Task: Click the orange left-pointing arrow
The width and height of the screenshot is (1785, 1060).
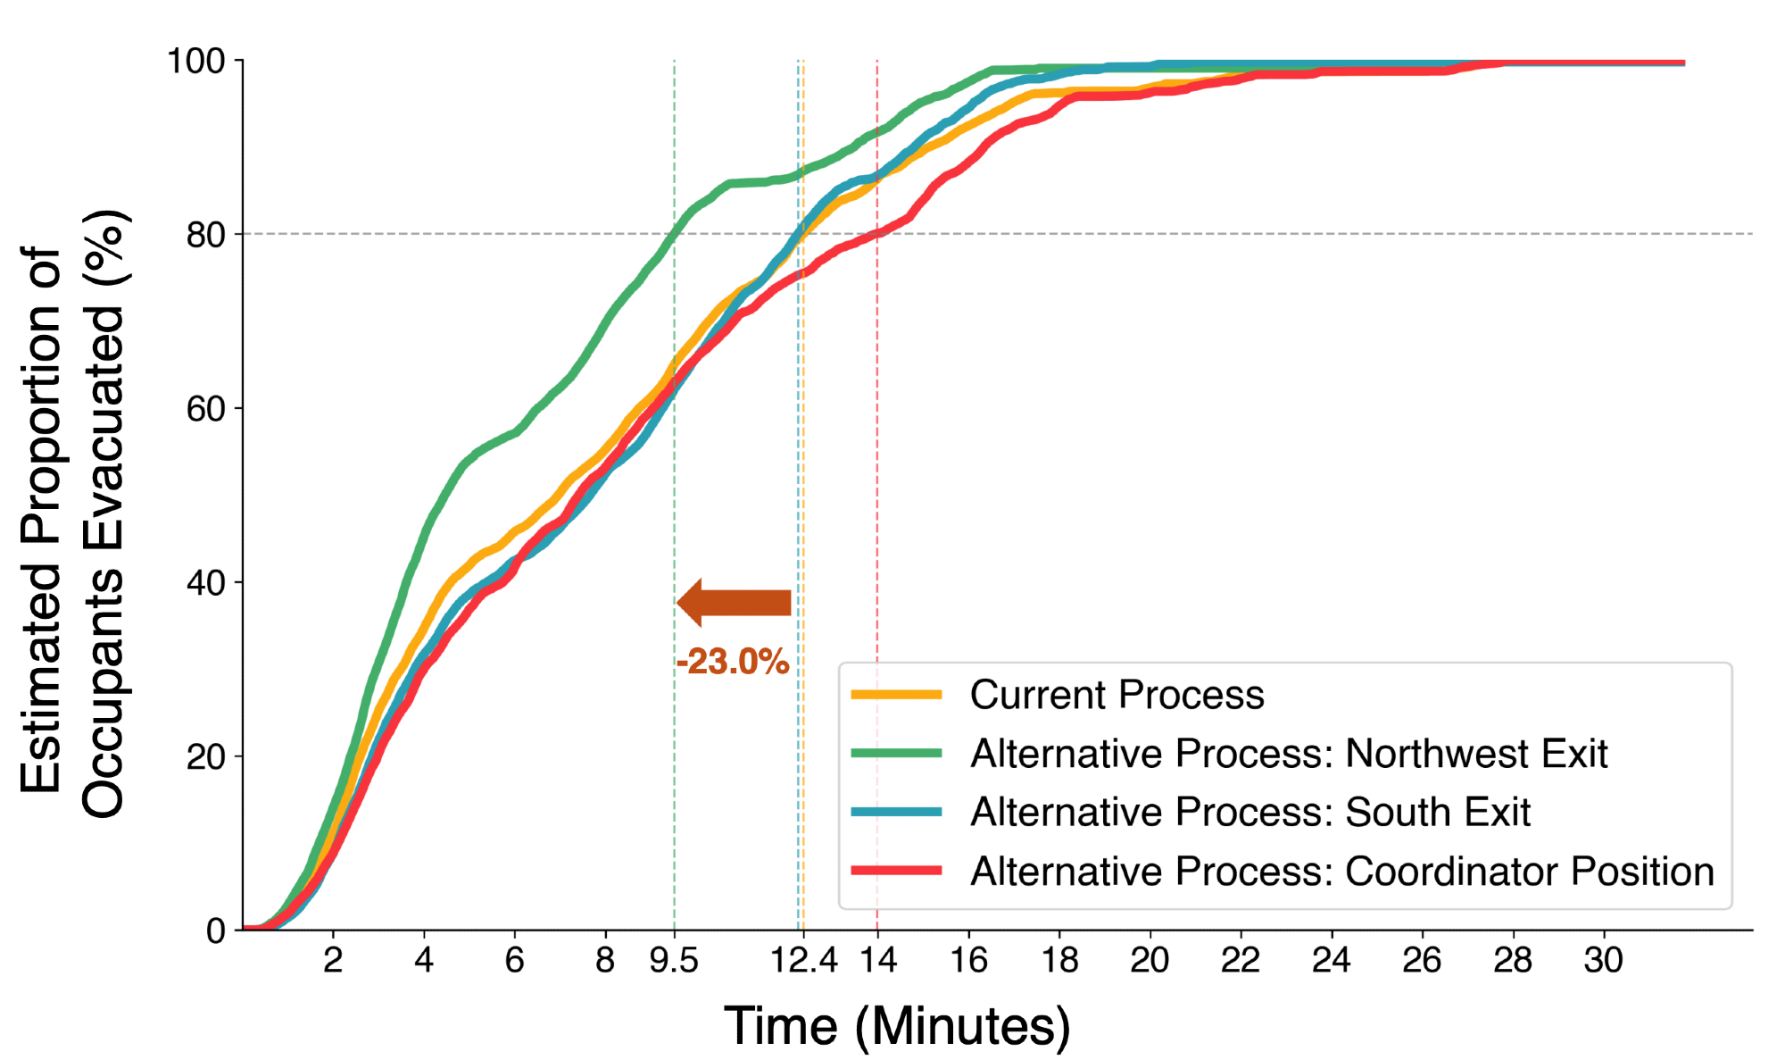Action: click(734, 603)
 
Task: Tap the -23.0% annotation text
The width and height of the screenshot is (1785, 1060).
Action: click(733, 662)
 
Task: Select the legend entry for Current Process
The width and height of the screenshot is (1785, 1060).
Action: click(1117, 695)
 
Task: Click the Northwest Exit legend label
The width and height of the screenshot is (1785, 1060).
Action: click(1288, 754)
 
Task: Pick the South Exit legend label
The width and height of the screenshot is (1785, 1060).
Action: click(1249, 813)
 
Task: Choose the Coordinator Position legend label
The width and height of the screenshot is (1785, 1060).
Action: click(1341, 872)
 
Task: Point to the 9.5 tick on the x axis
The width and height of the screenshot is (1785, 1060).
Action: click(674, 961)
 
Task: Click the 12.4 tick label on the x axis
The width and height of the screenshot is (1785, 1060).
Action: click(803, 961)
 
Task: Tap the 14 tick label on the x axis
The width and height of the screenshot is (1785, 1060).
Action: click(877, 961)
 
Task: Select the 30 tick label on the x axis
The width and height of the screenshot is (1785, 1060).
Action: click(1603, 961)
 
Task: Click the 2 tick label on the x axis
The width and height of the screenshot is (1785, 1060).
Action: click(333, 961)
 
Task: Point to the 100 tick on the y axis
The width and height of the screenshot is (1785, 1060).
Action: click(196, 62)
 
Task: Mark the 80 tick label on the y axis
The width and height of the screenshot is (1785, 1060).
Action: click(206, 235)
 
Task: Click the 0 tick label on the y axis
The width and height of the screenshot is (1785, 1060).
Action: click(216, 931)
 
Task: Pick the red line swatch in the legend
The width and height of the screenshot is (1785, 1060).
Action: click(896, 871)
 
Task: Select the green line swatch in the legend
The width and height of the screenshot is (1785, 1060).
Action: click(896, 753)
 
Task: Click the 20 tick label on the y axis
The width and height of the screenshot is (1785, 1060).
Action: click(206, 757)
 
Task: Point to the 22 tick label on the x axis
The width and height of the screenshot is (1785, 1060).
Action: click(1240, 961)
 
